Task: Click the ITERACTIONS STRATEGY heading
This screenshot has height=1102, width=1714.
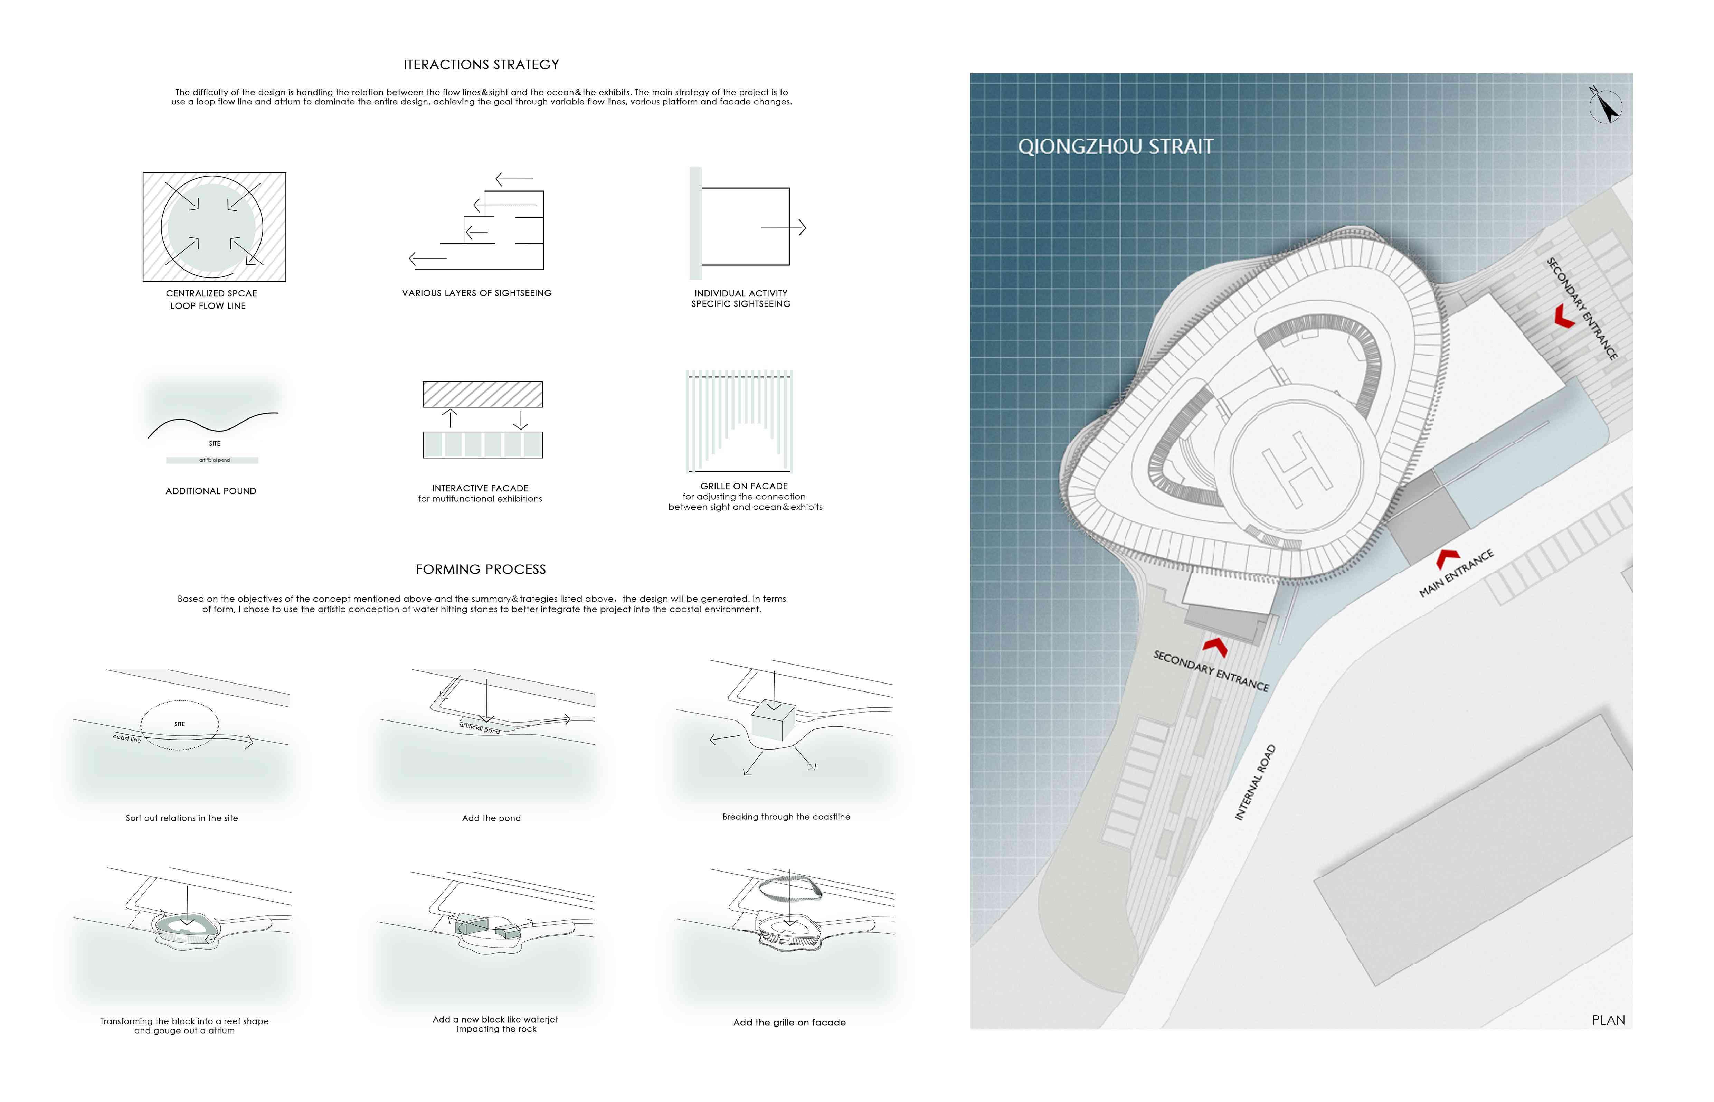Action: coord(481,64)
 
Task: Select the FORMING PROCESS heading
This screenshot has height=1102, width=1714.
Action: coord(481,569)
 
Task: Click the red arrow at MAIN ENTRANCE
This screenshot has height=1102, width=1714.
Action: coord(1448,558)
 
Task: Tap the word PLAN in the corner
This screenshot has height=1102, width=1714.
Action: coord(1608,1020)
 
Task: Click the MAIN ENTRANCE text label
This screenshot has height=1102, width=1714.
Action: coord(1456,573)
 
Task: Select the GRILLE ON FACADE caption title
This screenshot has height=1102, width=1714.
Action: coord(744,486)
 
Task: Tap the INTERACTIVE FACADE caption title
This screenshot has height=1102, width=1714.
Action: coord(480,488)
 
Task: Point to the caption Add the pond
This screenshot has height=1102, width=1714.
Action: coord(491,818)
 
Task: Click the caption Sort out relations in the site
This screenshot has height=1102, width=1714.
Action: coord(182,818)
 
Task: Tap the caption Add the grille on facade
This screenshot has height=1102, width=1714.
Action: coord(789,1023)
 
